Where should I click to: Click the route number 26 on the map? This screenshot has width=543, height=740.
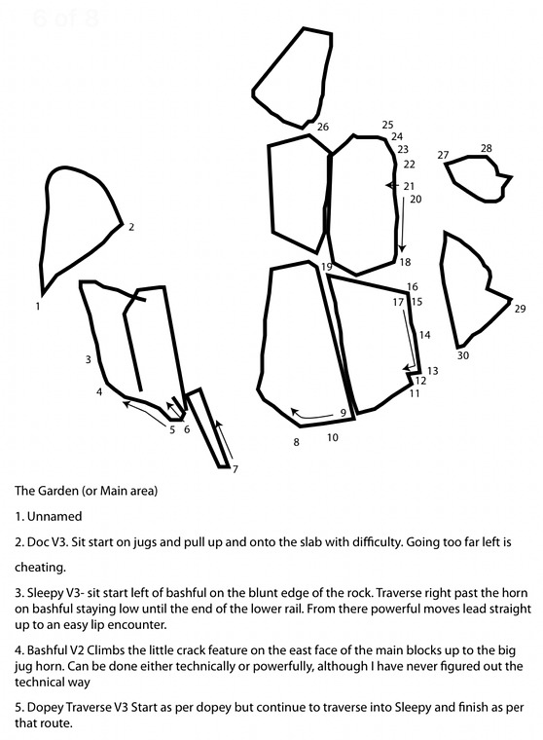point(323,127)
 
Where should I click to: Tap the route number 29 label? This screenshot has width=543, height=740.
point(520,309)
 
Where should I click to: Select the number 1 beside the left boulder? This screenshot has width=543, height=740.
point(38,307)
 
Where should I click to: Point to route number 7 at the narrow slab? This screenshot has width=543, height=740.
point(235,469)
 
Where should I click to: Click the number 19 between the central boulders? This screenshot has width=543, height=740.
point(326,267)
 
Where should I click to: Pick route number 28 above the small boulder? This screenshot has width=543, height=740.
point(487,148)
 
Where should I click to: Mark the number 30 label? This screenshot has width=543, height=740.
point(463,355)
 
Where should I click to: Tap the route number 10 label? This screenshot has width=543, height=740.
point(333,437)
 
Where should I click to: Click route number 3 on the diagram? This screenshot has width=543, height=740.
point(89,359)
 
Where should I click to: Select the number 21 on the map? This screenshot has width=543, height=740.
point(409,186)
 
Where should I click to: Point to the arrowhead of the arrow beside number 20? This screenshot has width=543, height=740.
point(403,248)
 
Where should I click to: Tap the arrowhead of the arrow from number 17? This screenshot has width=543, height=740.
point(406,368)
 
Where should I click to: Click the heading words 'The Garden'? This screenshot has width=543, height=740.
point(47,491)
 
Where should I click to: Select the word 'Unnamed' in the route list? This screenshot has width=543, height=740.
point(54,516)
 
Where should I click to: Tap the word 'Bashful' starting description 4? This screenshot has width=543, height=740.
point(47,650)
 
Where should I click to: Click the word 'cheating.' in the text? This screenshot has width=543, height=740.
point(40,568)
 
